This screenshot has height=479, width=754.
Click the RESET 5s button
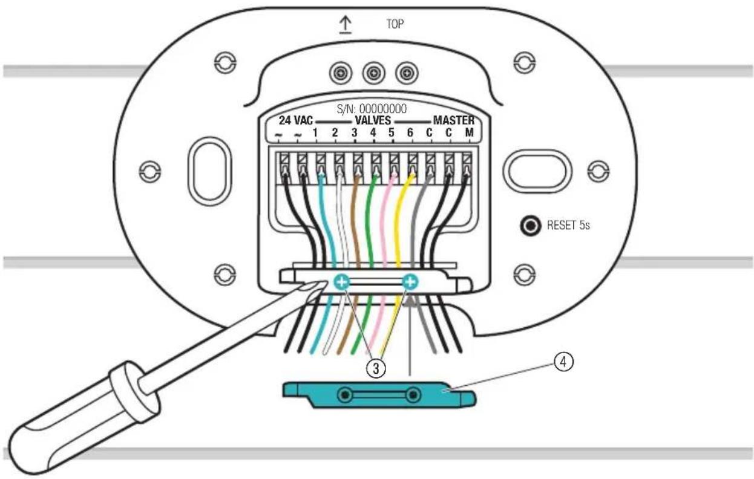[530, 225]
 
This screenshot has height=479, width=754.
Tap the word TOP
[395, 24]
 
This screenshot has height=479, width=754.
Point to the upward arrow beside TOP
[346, 25]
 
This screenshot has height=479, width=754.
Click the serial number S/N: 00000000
[372, 109]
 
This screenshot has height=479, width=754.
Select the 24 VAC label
[296, 120]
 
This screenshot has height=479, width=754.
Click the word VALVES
[373, 120]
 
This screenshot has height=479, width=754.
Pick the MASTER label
[454, 120]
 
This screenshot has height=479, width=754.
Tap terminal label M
[469, 132]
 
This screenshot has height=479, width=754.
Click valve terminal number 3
[354, 132]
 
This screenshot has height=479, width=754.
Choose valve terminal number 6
[410, 132]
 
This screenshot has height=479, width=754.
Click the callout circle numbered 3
[376, 369]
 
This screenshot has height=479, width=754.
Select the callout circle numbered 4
[563, 362]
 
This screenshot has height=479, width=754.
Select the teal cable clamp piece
[379, 395]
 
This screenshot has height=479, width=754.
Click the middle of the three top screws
[373, 73]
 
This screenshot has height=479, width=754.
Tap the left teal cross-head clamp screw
[342, 282]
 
